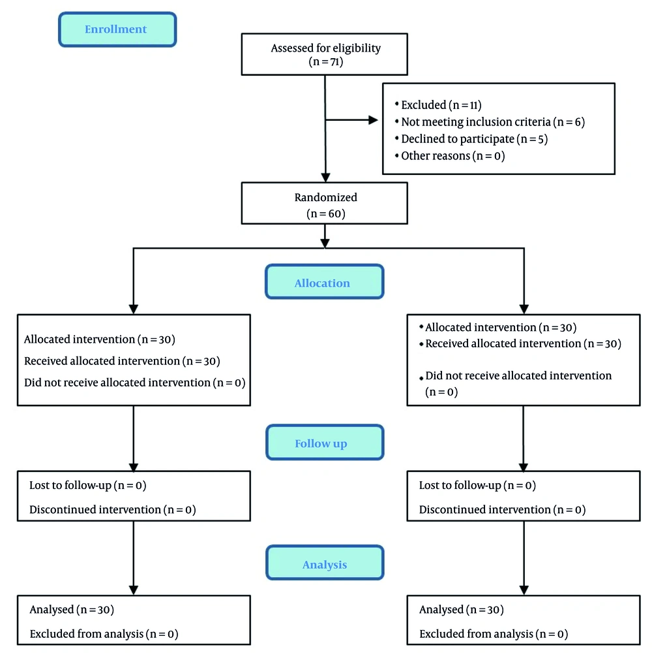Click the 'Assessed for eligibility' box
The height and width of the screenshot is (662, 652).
324,54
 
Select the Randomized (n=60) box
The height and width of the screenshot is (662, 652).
324,203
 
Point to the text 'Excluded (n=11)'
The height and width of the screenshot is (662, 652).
441,104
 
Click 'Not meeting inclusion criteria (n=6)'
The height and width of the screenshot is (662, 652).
493,122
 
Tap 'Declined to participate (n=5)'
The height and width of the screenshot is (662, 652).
475,139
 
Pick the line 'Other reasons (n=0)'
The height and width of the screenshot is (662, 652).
453,156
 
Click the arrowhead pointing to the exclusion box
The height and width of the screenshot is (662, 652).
373,120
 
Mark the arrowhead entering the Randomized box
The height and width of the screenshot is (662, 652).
325,178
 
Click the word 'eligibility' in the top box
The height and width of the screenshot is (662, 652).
357,48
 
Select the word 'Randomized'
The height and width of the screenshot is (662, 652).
325,197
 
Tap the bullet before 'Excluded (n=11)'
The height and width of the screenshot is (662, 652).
397,103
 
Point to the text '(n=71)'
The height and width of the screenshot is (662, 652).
325,61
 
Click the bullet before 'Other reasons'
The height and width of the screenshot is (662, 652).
397,155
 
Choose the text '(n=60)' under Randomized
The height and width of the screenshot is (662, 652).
325,213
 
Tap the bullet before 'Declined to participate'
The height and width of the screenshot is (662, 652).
397,138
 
